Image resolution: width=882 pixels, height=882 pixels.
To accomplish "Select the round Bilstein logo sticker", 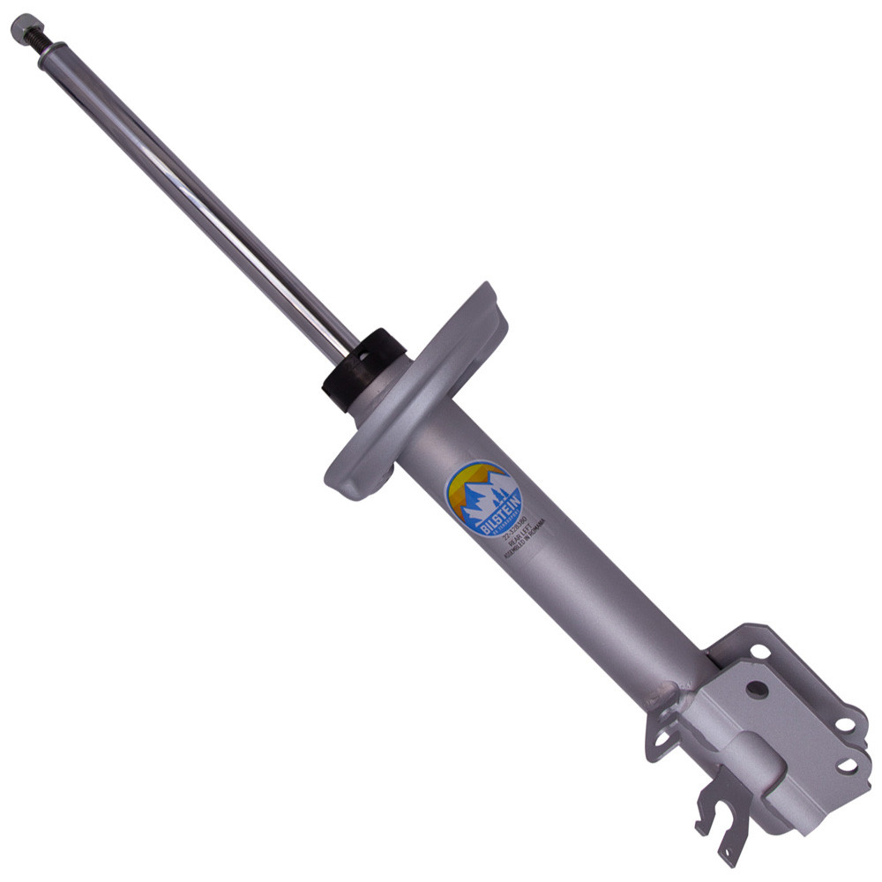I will point(482,498).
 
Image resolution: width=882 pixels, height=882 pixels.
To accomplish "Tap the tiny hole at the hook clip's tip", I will point(729,852).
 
